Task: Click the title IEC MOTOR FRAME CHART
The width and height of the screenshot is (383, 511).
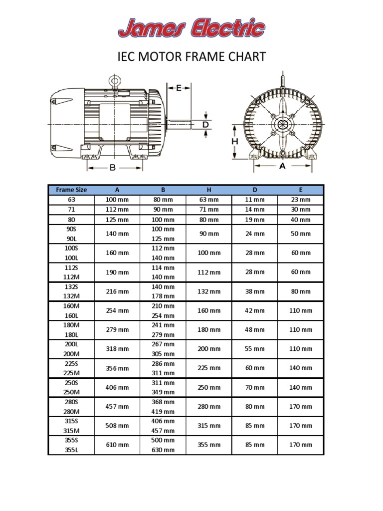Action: point(191,57)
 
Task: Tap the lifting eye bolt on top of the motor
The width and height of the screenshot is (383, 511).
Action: point(115,80)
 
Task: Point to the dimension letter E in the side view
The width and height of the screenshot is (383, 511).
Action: point(179,88)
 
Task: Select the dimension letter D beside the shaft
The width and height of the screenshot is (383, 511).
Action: point(205,124)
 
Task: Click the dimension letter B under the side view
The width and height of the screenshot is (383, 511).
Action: point(113,168)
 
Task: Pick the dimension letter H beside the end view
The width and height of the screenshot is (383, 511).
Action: point(234,142)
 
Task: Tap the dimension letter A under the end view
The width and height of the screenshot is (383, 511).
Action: point(282,167)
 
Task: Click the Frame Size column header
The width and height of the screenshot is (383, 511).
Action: point(71,190)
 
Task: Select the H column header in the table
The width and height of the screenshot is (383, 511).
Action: point(209,190)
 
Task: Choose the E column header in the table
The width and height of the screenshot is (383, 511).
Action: point(301,190)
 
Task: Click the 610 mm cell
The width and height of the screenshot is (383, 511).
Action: point(117,445)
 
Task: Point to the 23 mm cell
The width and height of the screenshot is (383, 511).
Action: point(301,200)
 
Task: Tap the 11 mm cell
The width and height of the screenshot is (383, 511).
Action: point(255,200)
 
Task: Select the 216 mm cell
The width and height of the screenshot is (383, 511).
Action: point(117,291)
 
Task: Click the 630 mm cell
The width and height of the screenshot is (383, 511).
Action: point(163,450)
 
